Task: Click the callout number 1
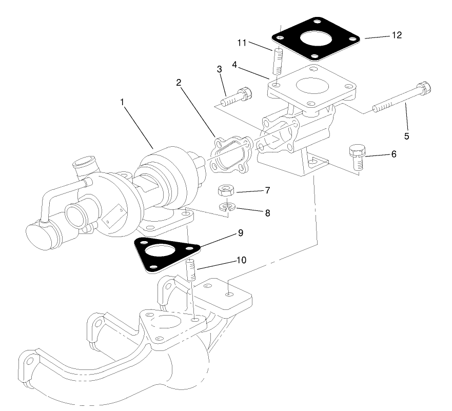pyautogui.click(x=123, y=102)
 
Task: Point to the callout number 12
pyautogui.click(x=397, y=35)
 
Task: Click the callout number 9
pyautogui.click(x=241, y=232)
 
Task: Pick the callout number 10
pyautogui.click(x=241, y=260)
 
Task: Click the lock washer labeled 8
pyautogui.click(x=226, y=208)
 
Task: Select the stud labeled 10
pyautogui.click(x=191, y=269)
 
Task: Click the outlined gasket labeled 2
pyautogui.click(x=228, y=153)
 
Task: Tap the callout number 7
pyautogui.click(x=267, y=190)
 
